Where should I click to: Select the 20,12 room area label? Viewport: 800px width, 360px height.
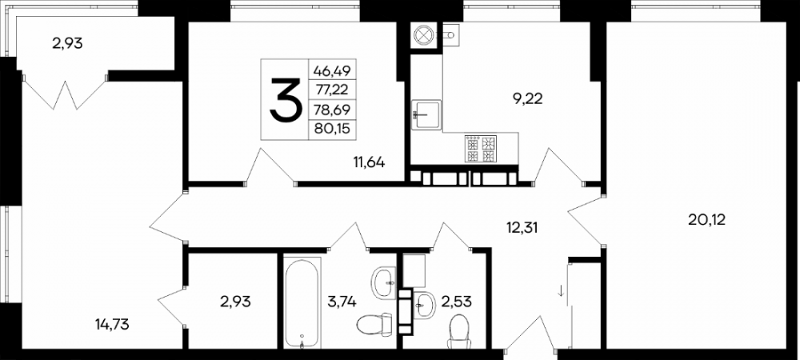(706, 220)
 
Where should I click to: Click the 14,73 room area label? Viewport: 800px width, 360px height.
(112, 323)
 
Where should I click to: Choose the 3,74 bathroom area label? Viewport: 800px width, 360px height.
(342, 302)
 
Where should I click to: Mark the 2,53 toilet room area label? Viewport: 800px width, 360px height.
(458, 302)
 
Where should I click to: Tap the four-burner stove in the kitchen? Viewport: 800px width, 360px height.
(481, 149)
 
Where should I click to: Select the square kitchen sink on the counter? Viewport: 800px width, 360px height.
(426, 116)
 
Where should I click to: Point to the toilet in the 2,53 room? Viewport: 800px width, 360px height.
(460, 331)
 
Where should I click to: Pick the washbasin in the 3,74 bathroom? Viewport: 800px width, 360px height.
(384, 283)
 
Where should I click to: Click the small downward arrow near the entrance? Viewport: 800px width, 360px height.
(561, 290)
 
